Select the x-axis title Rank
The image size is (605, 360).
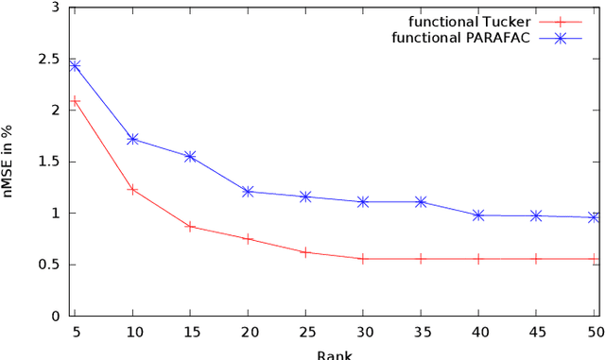tap(335, 354)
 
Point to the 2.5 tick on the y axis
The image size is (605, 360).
tap(59, 59)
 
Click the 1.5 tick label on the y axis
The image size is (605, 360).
tap(59, 162)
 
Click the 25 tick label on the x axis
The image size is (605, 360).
tap(305, 333)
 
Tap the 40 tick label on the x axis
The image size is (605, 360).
tap(478, 333)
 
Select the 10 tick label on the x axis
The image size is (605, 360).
tap(132, 333)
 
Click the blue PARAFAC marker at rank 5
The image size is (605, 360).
tap(75, 65)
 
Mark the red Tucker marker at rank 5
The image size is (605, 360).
tap(75, 100)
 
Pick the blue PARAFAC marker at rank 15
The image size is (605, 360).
tap(190, 156)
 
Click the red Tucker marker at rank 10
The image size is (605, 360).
tap(132, 190)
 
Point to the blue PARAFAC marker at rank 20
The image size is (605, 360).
tap(248, 192)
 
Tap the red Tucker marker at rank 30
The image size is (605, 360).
tap(363, 258)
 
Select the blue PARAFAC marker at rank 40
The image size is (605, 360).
tap(478, 215)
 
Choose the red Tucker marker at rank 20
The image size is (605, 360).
tap(248, 238)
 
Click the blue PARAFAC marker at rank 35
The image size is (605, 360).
tap(421, 201)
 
